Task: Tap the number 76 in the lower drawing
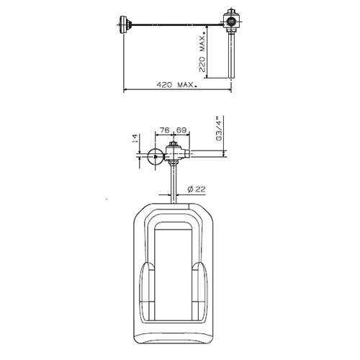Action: pos(163,131)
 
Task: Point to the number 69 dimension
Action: pos(181,131)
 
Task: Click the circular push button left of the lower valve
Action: pos(154,158)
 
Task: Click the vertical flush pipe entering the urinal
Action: pos(173,184)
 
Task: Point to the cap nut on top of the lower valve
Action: pos(173,145)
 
